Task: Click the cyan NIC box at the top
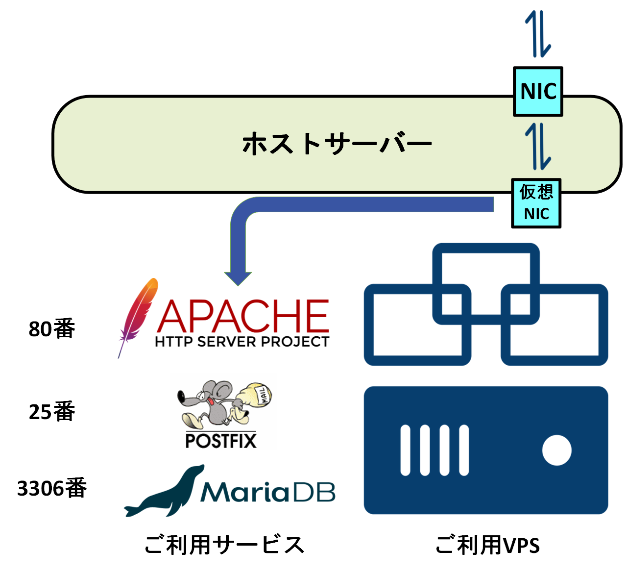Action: [538, 92]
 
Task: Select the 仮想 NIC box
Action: [536, 203]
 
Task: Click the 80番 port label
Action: [52, 328]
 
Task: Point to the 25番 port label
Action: [52, 411]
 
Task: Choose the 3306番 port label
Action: [52, 488]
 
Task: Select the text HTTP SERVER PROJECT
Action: [242, 342]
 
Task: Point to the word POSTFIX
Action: [221, 440]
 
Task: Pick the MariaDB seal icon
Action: [164, 493]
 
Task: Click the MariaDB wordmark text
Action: [268, 492]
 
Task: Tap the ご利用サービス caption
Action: [224, 545]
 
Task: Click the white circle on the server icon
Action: [557, 450]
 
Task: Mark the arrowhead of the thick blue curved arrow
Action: [238, 277]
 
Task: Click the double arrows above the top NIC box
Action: [538, 34]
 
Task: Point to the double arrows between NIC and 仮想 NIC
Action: [538, 146]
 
